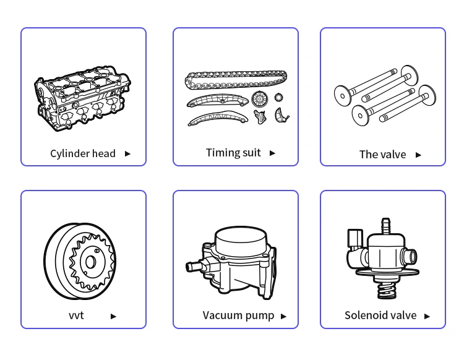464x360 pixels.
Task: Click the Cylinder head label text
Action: [x=83, y=154]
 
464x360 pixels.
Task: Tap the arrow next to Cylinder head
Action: [x=127, y=154]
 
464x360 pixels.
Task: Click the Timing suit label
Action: [x=233, y=153]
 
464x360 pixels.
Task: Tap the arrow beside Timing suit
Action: [x=272, y=153]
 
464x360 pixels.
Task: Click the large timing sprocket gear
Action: [x=259, y=99]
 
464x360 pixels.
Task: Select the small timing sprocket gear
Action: [x=279, y=97]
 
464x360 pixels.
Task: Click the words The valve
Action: [x=382, y=155]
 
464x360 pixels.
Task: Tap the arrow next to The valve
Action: [x=418, y=155]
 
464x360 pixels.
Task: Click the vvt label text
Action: [x=76, y=315]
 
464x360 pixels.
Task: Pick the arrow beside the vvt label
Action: [x=113, y=316]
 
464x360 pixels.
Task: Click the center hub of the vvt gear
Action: [x=91, y=262]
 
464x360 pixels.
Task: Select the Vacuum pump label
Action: [x=238, y=316]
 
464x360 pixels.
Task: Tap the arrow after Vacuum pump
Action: [x=283, y=316]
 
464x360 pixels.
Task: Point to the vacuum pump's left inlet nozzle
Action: [x=193, y=267]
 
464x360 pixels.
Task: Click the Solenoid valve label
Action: [x=380, y=315]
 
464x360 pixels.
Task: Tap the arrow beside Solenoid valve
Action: [x=427, y=316]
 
